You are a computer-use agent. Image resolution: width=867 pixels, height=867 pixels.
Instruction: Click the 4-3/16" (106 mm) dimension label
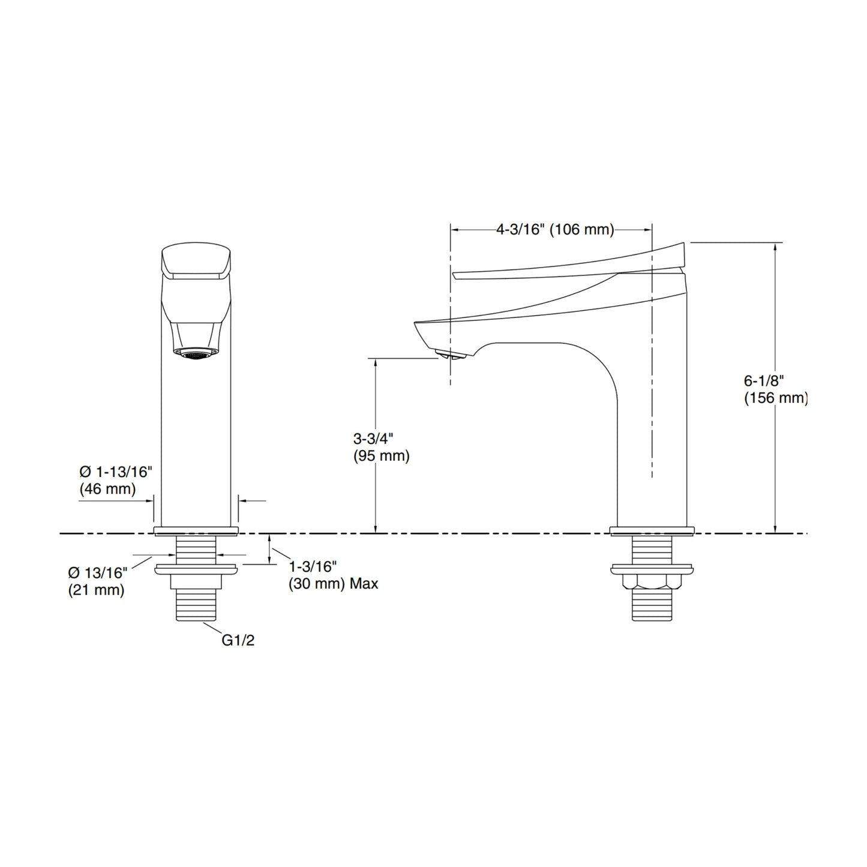(555, 229)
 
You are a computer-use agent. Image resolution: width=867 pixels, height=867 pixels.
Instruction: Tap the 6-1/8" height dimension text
(764, 381)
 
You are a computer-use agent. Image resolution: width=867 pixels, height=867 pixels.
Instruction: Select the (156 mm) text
(776, 398)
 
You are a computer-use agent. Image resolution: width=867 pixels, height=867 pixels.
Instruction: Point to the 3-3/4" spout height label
(373, 438)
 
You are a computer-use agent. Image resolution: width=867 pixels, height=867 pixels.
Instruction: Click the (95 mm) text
(381, 456)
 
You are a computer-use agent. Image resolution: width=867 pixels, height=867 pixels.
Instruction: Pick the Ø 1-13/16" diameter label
(116, 472)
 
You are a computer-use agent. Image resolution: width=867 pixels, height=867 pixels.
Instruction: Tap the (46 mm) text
(107, 489)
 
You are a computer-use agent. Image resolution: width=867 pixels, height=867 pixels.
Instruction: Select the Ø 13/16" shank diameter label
(98, 573)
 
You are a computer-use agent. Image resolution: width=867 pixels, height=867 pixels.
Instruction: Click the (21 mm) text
(96, 590)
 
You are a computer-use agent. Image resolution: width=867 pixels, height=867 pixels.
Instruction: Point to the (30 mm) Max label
(334, 584)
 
